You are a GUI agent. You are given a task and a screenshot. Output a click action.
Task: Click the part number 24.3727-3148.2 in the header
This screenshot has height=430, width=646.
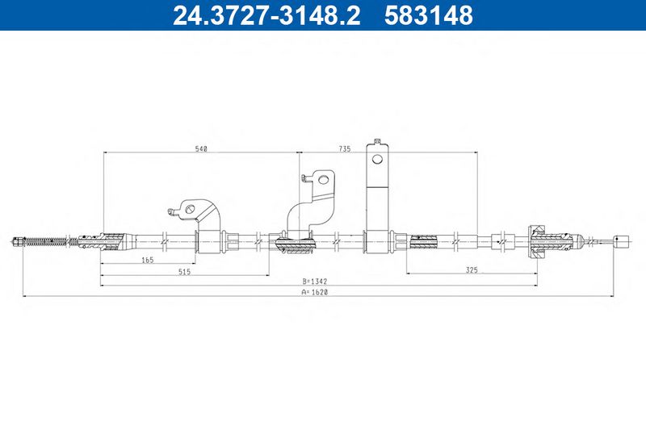point(266,15)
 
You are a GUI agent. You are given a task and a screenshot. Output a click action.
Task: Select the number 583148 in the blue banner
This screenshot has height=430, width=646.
point(428,15)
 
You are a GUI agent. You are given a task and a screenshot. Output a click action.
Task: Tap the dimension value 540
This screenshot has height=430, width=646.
point(201,149)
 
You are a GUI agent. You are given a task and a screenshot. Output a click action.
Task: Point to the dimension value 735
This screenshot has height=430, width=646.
point(345,149)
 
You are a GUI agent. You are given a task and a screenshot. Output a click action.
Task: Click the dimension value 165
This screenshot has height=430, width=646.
point(148,260)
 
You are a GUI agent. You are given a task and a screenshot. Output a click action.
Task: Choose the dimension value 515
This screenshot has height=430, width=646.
point(185,272)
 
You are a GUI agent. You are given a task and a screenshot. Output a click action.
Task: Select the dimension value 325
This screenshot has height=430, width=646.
point(472,270)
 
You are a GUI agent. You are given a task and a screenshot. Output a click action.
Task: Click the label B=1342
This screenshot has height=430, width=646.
point(315,282)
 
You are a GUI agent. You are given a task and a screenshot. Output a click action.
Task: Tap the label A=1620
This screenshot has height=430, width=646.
point(315,292)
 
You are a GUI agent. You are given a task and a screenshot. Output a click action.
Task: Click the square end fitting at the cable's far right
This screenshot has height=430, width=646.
point(622,240)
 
